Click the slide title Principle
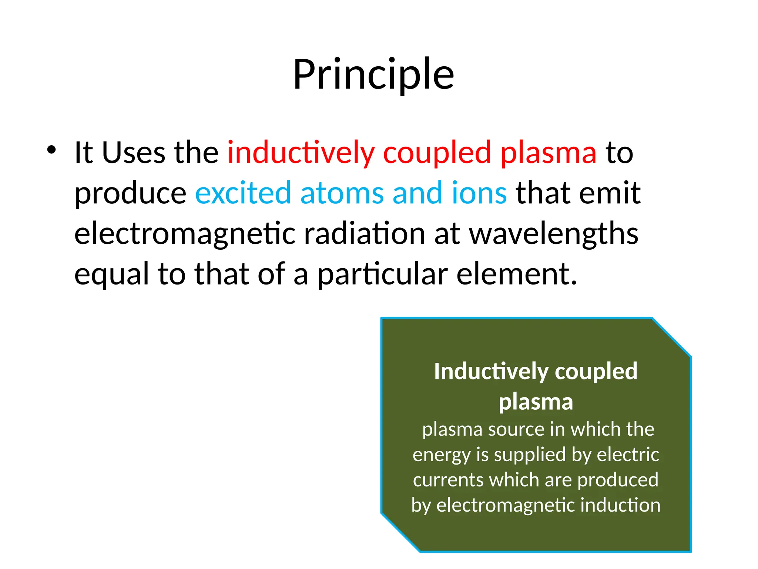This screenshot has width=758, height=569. pyautogui.click(x=373, y=75)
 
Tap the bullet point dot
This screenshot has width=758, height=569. pyautogui.click(x=51, y=150)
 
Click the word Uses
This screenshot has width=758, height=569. pyautogui.click(x=133, y=152)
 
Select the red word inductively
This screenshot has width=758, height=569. pyautogui.click(x=301, y=152)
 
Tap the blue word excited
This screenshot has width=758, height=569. pyautogui.click(x=243, y=193)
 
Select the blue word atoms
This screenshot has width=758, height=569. pyautogui.click(x=342, y=193)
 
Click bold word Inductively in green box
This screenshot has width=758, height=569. pyautogui.click(x=491, y=372)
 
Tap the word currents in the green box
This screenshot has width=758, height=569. pyautogui.click(x=448, y=480)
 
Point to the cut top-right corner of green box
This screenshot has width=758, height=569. pyautogui.click(x=672, y=337)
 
